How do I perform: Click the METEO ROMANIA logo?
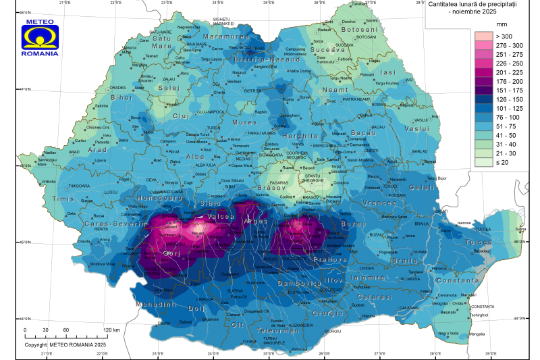click(x=40, y=38)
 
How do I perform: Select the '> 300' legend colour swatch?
click(x=485, y=36)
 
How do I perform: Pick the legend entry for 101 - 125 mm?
click(x=485, y=108)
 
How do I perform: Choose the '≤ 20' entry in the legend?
click(x=485, y=163)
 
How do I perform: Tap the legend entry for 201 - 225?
click(x=485, y=72)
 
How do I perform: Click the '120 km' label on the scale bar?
click(x=111, y=330)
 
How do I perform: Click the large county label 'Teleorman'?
click(x=261, y=331)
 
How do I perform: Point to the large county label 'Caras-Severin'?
click(x=115, y=223)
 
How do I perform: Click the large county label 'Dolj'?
click(x=196, y=309)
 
